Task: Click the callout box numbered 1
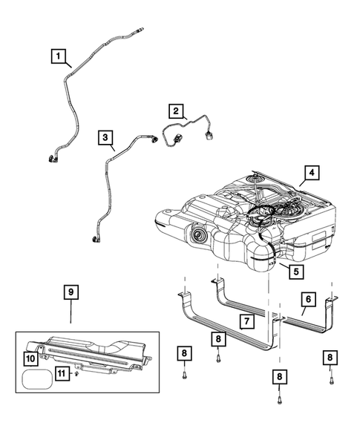[x=58, y=56]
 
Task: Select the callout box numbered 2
[x=176, y=111]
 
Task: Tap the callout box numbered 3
[x=105, y=137]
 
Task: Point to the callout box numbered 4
[x=312, y=173]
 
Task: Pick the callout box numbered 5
[x=296, y=272]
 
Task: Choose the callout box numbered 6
[x=308, y=299]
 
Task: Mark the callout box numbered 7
[x=246, y=321]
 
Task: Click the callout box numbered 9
[x=71, y=292]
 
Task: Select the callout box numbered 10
[x=30, y=358]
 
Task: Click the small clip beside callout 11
[x=76, y=373]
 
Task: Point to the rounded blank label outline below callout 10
[x=37, y=379]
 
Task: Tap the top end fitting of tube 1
[x=140, y=29]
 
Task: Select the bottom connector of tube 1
[x=52, y=158]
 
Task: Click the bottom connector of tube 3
[x=96, y=238]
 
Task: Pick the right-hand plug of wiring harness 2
[x=209, y=135]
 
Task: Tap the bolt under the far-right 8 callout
[x=331, y=381]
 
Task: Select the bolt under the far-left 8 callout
[x=184, y=375]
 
